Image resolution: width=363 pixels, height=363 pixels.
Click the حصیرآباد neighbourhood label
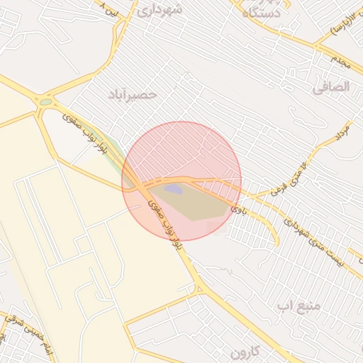point(133,94)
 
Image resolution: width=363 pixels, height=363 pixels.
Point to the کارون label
point(246,352)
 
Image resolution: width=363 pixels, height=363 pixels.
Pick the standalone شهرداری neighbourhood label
point(160,10)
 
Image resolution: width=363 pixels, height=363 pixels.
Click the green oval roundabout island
point(46,102)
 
